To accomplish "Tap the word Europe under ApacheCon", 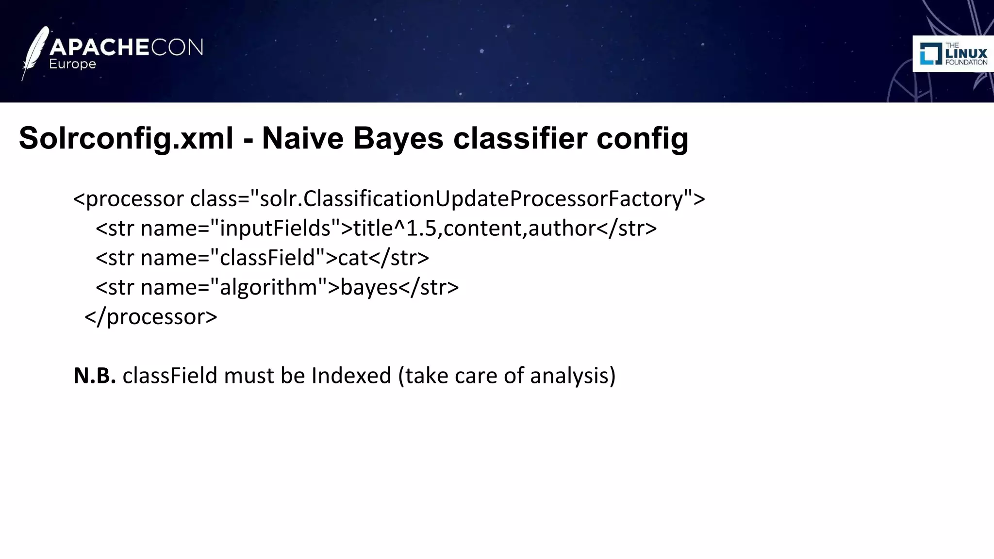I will pyautogui.click(x=72, y=65).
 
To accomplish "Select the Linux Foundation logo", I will pyautogui.click(x=953, y=54).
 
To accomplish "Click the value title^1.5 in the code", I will pyautogui.click(x=395, y=228).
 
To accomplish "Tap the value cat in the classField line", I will pyautogui.click(x=353, y=258).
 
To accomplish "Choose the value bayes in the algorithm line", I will pyautogui.click(x=369, y=287).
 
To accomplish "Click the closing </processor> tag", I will pyautogui.click(x=151, y=317).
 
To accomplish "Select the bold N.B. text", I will pyautogui.click(x=95, y=376).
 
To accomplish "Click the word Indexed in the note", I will pyautogui.click(x=351, y=376).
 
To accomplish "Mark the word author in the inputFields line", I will pyautogui.click(x=562, y=228).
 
